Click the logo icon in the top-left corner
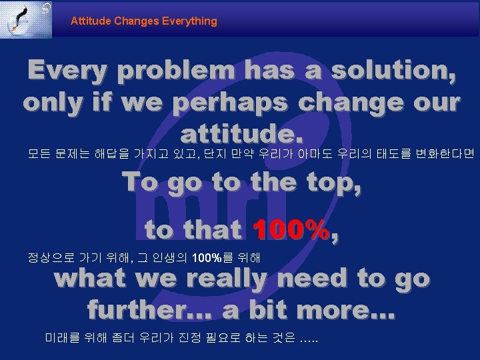tap(26, 19)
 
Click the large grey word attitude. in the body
tap(241, 135)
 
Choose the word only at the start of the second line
tap(55, 103)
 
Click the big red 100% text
tap(291, 230)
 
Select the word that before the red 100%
tap(212, 230)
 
